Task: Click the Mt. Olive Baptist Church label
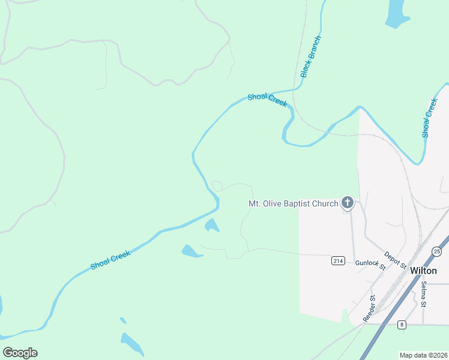click(294, 204)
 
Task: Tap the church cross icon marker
click(348, 203)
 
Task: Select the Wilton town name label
click(423, 271)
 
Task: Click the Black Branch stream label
click(312, 57)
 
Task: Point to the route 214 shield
click(337, 260)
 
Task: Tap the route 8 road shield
click(402, 325)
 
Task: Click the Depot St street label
click(396, 260)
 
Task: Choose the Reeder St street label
click(369, 307)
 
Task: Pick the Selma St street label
click(424, 295)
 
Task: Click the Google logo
click(20, 353)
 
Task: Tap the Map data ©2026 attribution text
click(424, 355)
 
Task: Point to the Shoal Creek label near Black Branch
click(268, 100)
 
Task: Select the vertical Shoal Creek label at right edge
click(430, 118)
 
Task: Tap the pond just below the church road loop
click(211, 226)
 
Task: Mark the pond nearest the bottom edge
click(132, 343)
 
